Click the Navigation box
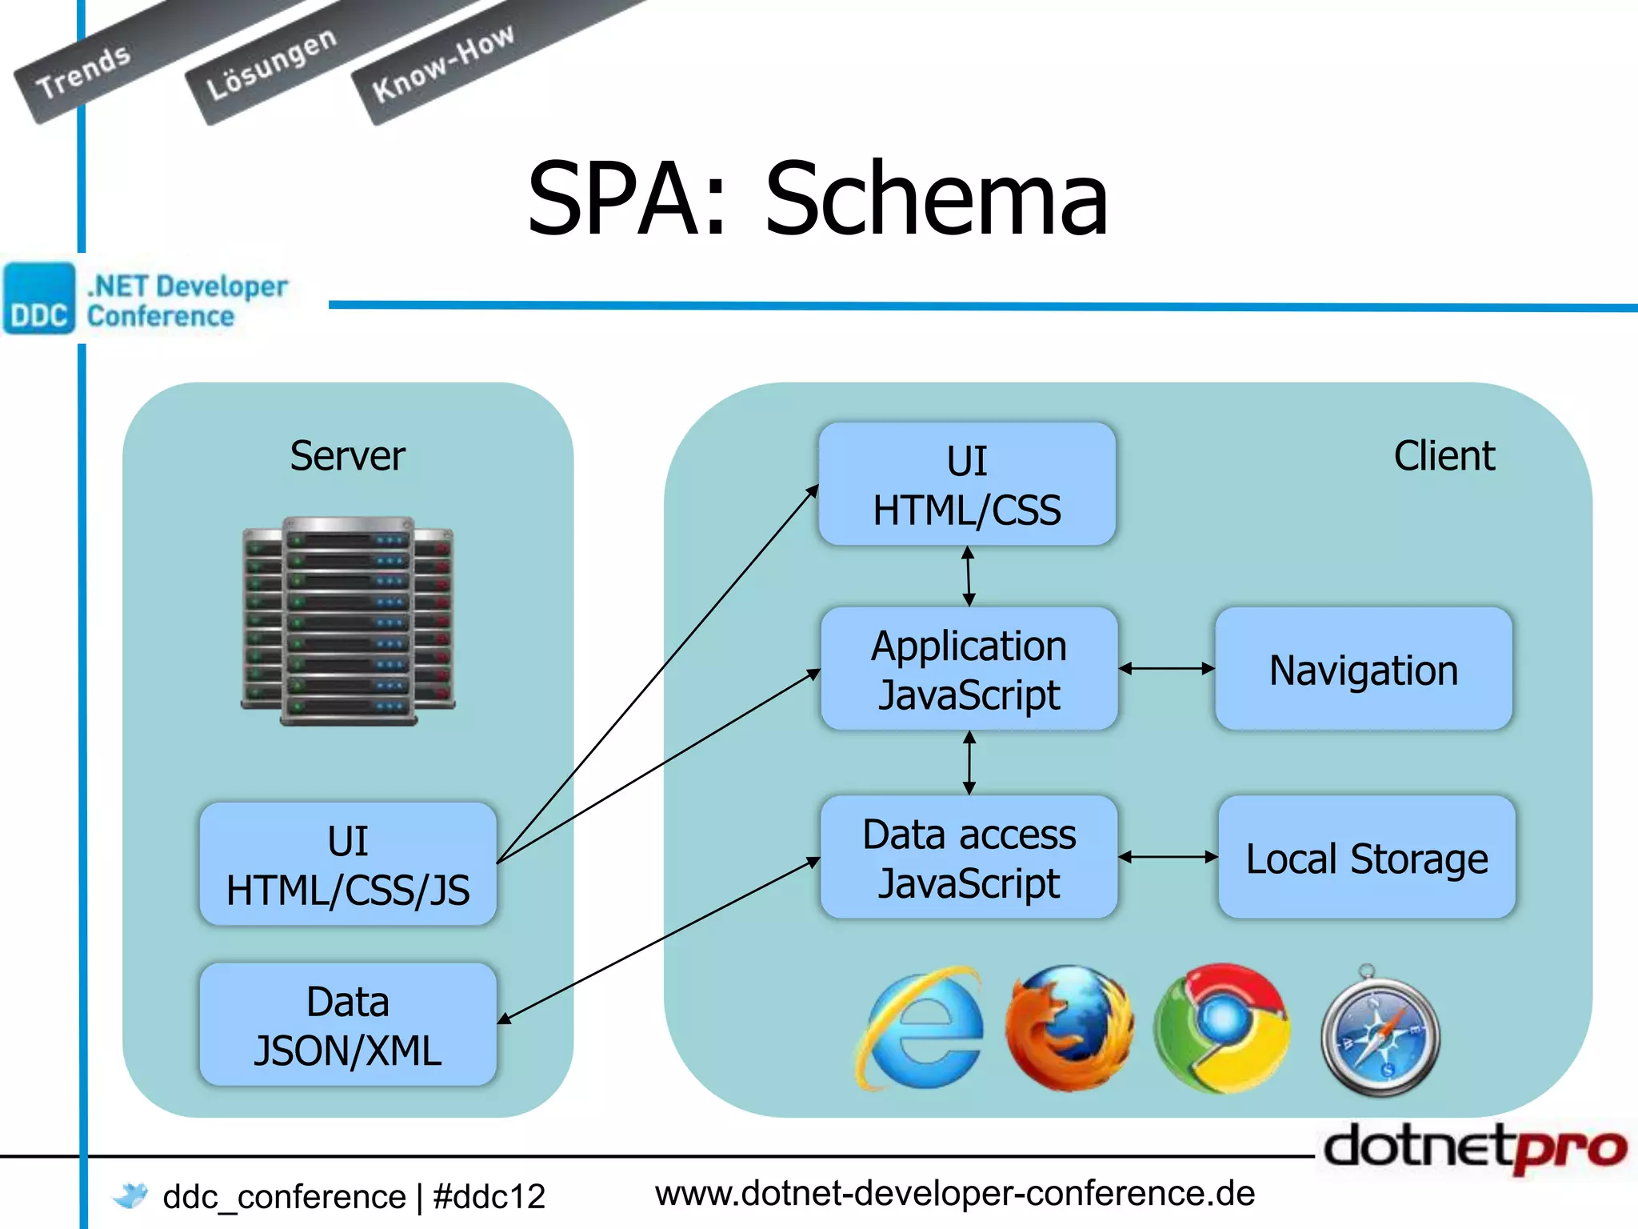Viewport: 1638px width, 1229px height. coord(1363,669)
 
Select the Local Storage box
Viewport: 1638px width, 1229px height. coord(1366,857)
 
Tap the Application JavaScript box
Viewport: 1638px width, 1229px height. coord(969,669)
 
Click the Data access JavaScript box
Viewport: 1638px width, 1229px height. coord(969,857)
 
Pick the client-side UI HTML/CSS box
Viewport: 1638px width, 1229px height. coord(967,485)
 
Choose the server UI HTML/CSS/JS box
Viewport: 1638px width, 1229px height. coord(348,864)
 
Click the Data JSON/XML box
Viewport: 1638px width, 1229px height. coord(348,1024)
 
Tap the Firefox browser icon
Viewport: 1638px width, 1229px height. coord(1069,1027)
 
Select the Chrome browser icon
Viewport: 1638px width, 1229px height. coord(1221,1027)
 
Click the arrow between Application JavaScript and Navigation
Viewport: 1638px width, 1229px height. coord(1166,669)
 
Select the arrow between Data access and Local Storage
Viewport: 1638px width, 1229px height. coord(1168,857)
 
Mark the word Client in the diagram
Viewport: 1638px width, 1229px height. coord(1444,456)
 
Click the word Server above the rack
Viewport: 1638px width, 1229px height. coord(347,456)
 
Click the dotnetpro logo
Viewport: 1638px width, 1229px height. coord(1474,1147)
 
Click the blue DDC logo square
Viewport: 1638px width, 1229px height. coord(38,298)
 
